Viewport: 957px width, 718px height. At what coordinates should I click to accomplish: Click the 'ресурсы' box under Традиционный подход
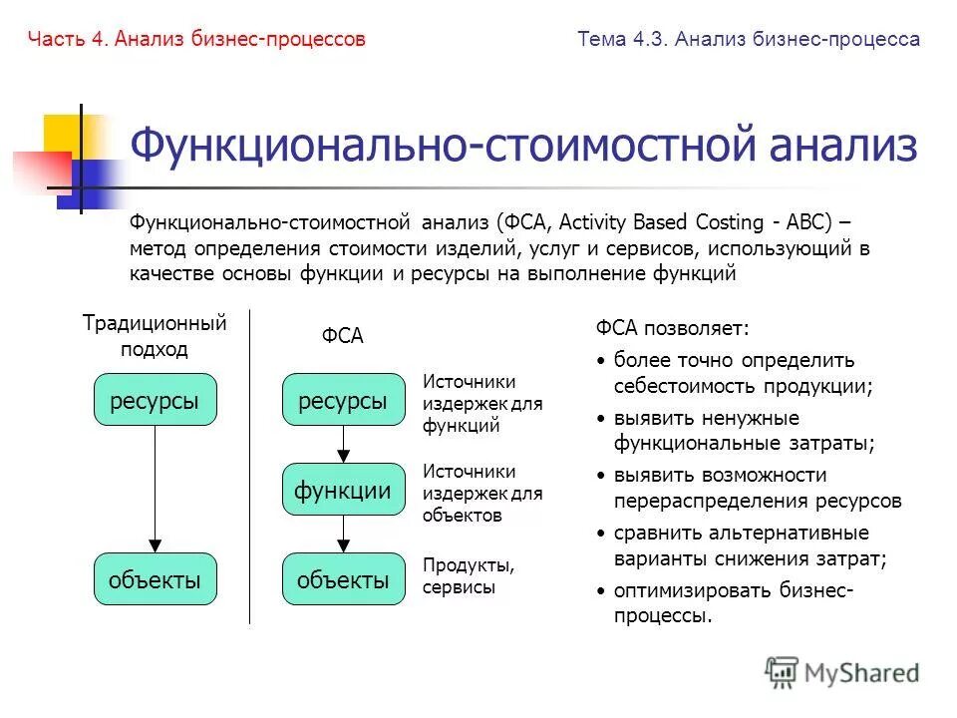coord(155,400)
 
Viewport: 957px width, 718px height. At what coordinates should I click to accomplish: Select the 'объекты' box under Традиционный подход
coord(155,578)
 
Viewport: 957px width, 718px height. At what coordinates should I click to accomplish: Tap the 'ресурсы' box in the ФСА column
coord(343,400)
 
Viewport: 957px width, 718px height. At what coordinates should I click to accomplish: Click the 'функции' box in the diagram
coord(343,489)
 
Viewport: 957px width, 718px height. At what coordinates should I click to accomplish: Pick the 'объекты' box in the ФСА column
coord(343,578)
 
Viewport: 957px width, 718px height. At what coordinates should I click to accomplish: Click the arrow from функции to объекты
coord(343,534)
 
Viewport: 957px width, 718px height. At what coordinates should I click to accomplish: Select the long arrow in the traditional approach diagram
coord(155,489)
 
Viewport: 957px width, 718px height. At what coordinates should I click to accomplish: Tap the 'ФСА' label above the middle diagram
coord(342,337)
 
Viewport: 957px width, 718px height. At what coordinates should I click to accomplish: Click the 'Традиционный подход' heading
coord(155,336)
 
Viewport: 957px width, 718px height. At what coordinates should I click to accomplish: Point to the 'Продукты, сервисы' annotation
coord(469,576)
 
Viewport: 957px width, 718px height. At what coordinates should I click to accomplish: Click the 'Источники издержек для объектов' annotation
coord(482,493)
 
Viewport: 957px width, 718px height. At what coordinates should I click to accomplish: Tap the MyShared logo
coord(842,673)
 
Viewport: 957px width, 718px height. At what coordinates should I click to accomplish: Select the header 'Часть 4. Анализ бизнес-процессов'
coord(197,39)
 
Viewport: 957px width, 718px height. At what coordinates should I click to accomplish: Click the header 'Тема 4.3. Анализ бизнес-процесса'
coord(748,39)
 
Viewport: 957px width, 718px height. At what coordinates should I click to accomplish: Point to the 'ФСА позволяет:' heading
coord(671,328)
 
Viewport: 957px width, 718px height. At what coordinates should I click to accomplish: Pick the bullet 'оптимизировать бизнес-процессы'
coord(733,602)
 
